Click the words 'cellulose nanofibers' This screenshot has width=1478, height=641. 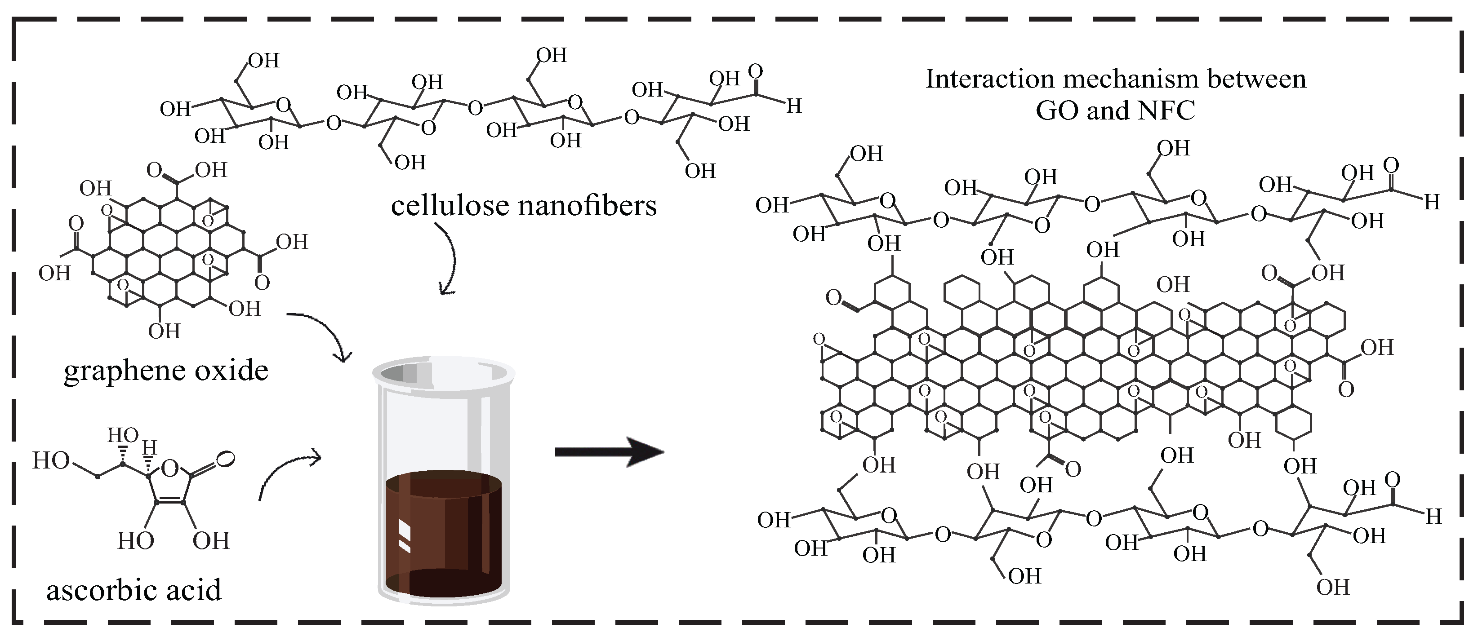coord(523,206)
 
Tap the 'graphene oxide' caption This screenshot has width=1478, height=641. coord(166,371)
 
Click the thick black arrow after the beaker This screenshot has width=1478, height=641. coord(609,452)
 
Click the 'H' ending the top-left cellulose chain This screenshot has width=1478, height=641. coord(793,106)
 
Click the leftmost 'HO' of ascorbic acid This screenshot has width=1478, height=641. coord(50,461)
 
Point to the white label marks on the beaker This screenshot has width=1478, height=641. coord(404,536)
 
